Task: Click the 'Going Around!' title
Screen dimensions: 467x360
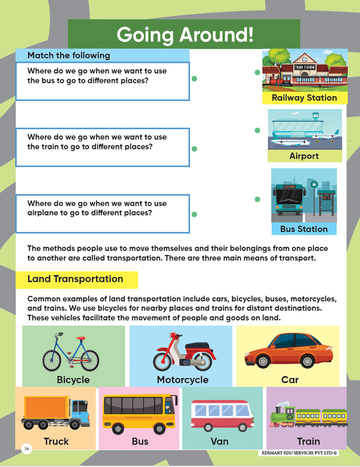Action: [184, 35]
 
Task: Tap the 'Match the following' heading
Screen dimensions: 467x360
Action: [69, 55]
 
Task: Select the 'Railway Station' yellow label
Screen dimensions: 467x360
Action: [304, 98]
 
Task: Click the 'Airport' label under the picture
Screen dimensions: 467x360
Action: [304, 156]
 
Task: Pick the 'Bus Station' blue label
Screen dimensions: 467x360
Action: [304, 229]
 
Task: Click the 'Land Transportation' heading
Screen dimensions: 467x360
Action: [75, 279]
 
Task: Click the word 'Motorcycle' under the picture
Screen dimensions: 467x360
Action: [182, 380]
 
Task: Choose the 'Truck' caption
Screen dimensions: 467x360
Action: [56, 441]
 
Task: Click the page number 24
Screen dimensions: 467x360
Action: [26, 449]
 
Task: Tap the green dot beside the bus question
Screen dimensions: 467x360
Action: [194, 79]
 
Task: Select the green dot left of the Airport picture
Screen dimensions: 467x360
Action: [257, 131]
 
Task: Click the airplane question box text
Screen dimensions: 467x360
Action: [97, 208]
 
